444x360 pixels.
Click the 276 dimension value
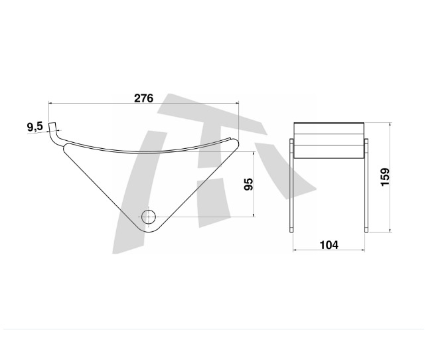[x=143, y=98]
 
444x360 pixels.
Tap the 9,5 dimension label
[x=35, y=126]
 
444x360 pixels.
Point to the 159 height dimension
[x=386, y=177]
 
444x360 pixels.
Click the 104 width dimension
[x=329, y=245]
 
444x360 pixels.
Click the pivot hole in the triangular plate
[x=148, y=216]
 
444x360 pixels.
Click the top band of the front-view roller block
[x=329, y=128]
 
